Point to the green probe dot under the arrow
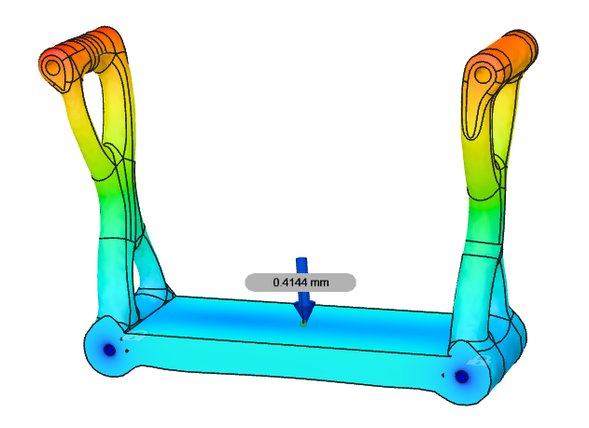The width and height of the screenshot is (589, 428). click(303, 324)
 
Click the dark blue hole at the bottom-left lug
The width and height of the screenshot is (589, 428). click(108, 350)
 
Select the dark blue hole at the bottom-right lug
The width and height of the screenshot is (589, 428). click(461, 376)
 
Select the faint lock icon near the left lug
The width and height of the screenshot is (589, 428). click(138, 337)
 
